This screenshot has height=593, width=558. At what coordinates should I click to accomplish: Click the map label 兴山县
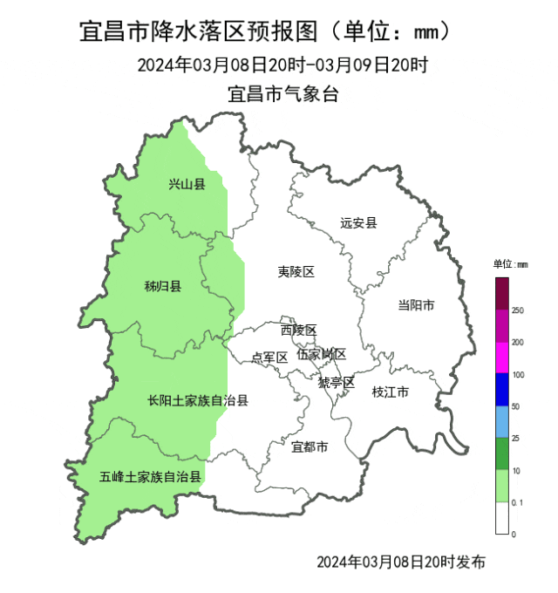pyautogui.click(x=187, y=184)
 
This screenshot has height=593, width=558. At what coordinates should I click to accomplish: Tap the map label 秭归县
pyautogui.click(x=162, y=286)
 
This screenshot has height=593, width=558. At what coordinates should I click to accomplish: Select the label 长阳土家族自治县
pyautogui.click(x=198, y=401)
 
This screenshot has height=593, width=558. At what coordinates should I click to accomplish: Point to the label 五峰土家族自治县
pyautogui.click(x=150, y=477)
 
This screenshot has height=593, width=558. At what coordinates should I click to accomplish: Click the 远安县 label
pyautogui.click(x=358, y=222)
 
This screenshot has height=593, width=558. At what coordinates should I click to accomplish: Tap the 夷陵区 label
pyautogui.click(x=296, y=272)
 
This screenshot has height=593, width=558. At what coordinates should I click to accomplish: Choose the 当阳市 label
pyautogui.click(x=416, y=305)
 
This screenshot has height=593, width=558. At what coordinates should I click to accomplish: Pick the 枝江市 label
pyautogui.click(x=390, y=392)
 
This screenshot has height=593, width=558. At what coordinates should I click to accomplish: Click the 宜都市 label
pyautogui.click(x=310, y=447)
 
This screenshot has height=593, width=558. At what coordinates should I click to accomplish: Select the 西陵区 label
pyautogui.click(x=298, y=331)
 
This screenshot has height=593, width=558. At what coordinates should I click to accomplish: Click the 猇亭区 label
pyautogui.click(x=336, y=383)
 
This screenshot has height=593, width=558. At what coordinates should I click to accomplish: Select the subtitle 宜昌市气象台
pyautogui.click(x=282, y=94)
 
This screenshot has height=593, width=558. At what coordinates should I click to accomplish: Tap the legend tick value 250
pyautogui.click(x=517, y=310)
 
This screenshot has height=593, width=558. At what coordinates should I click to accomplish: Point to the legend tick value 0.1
pyautogui.click(x=518, y=502)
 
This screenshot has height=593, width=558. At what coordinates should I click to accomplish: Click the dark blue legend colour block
pyautogui.click(x=502, y=391)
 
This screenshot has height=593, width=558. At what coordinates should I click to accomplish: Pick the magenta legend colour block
pyautogui.click(x=502, y=358)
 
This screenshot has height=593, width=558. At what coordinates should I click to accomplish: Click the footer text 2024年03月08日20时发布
pyautogui.click(x=400, y=562)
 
